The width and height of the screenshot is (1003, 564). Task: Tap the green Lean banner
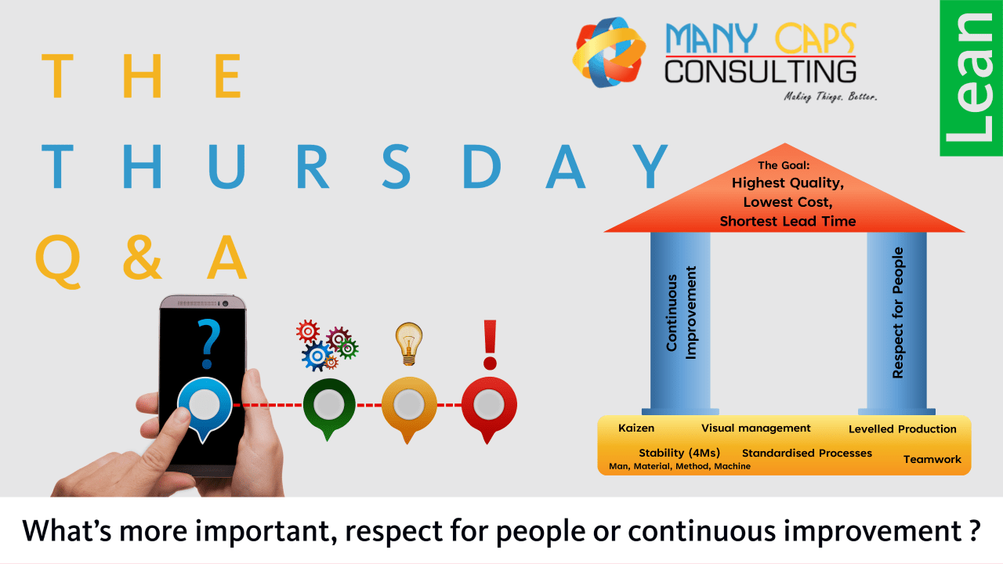click(971, 78)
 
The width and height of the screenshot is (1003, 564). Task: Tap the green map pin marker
click(329, 407)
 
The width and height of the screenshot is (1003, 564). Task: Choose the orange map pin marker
click(408, 407)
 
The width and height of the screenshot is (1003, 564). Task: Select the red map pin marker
click(489, 407)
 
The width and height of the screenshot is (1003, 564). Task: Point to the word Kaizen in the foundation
click(636, 428)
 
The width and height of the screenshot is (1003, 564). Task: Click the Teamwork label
click(932, 459)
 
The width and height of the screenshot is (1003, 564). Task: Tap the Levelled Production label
click(902, 429)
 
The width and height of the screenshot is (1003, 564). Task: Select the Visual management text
click(755, 428)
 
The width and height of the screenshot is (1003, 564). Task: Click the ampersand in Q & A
click(143, 258)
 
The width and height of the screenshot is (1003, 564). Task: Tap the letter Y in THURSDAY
click(650, 167)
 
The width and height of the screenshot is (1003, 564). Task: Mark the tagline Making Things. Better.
click(831, 97)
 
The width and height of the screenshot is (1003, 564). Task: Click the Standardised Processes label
click(806, 453)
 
